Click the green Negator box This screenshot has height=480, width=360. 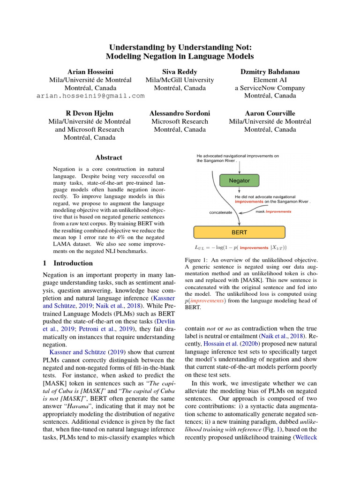pyautogui.click(x=239, y=180)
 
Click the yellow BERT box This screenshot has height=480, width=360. pyautogui.click(x=239, y=232)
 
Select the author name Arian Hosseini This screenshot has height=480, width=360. pyautogui.click(x=90, y=72)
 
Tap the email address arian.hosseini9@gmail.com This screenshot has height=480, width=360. pyautogui.click(x=90, y=96)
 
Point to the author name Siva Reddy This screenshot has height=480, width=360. pyautogui.click(x=180, y=72)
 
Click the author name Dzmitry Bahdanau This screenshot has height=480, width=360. pyautogui.click(x=270, y=72)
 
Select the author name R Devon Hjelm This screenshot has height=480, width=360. pyautogui.click(x=90, y=113)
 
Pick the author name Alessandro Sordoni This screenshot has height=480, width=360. pyautogui.click(x=180, y=113)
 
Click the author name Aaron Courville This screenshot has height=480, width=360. pyautogui.click(x=270, y=113)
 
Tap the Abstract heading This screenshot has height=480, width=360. pyautogui.click(x=108, y=157)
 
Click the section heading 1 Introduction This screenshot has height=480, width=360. pyautogui.click(x=67, y=263)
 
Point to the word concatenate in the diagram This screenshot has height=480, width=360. pyautogui.click(x=220, y=212)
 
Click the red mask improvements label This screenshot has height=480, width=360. pyautogui.click(x=273, y=211)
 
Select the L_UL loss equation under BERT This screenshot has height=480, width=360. pyautogui.click(x=240, y=247)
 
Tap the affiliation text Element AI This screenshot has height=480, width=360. pyautogui.click(x=270, y=80)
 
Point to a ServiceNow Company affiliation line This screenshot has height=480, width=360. pyautogui.click(x=270, y=88)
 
